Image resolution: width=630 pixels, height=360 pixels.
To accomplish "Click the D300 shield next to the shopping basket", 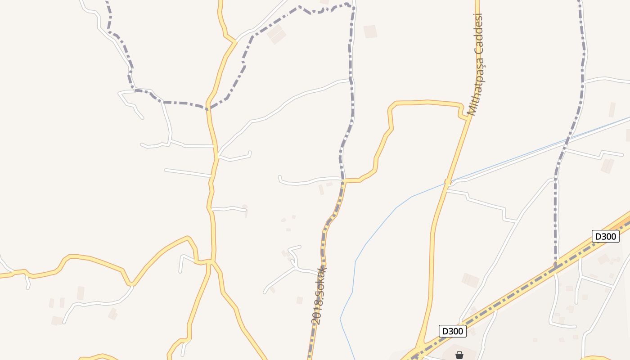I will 452,331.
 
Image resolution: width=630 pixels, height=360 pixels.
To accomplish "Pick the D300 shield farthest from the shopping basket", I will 605,236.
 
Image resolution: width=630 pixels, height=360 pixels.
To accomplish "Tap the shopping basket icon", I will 459,355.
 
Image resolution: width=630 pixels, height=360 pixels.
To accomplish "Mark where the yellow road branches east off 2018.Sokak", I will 344,181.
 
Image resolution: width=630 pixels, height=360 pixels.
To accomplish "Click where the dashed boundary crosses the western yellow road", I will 208,108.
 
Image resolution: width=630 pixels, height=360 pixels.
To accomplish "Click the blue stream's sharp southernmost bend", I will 340,319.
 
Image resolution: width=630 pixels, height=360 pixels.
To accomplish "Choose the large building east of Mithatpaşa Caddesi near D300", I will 470,280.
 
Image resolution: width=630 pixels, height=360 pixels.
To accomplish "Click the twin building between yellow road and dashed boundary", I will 276,34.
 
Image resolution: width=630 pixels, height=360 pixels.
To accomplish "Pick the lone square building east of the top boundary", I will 370,31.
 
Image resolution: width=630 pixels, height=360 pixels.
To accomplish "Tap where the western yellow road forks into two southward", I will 211,261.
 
